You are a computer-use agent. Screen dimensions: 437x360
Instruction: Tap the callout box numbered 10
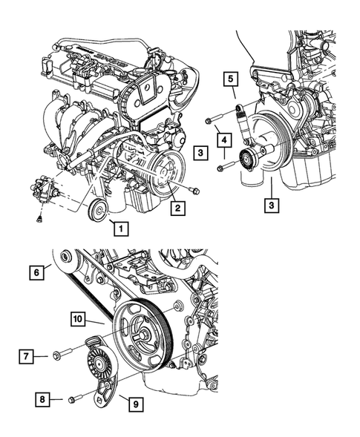(78, 320)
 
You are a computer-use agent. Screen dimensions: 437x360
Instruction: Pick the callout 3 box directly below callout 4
(200, 154)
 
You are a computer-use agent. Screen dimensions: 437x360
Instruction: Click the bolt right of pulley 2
(194, 191)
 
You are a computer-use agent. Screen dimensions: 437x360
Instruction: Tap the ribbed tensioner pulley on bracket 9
(96, 364)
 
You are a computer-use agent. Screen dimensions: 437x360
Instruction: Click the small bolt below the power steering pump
(36, 219)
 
